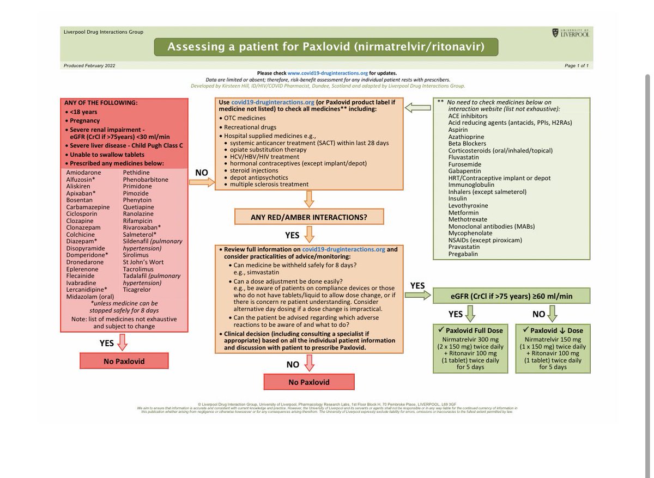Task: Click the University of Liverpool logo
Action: tap(570, 33)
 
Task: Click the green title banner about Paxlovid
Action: tap(326, 47)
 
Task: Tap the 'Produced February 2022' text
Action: tap(89, 66)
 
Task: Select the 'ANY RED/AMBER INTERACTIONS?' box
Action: tap(309, 217)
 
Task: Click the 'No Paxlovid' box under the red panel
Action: tap(124, 360)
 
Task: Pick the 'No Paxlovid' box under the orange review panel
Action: tap(309, 382)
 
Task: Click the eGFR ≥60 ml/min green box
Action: tap(511, 296)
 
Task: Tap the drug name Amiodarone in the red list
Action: tap(82, 172)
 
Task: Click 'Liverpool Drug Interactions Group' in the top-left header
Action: tap(104, 32)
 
